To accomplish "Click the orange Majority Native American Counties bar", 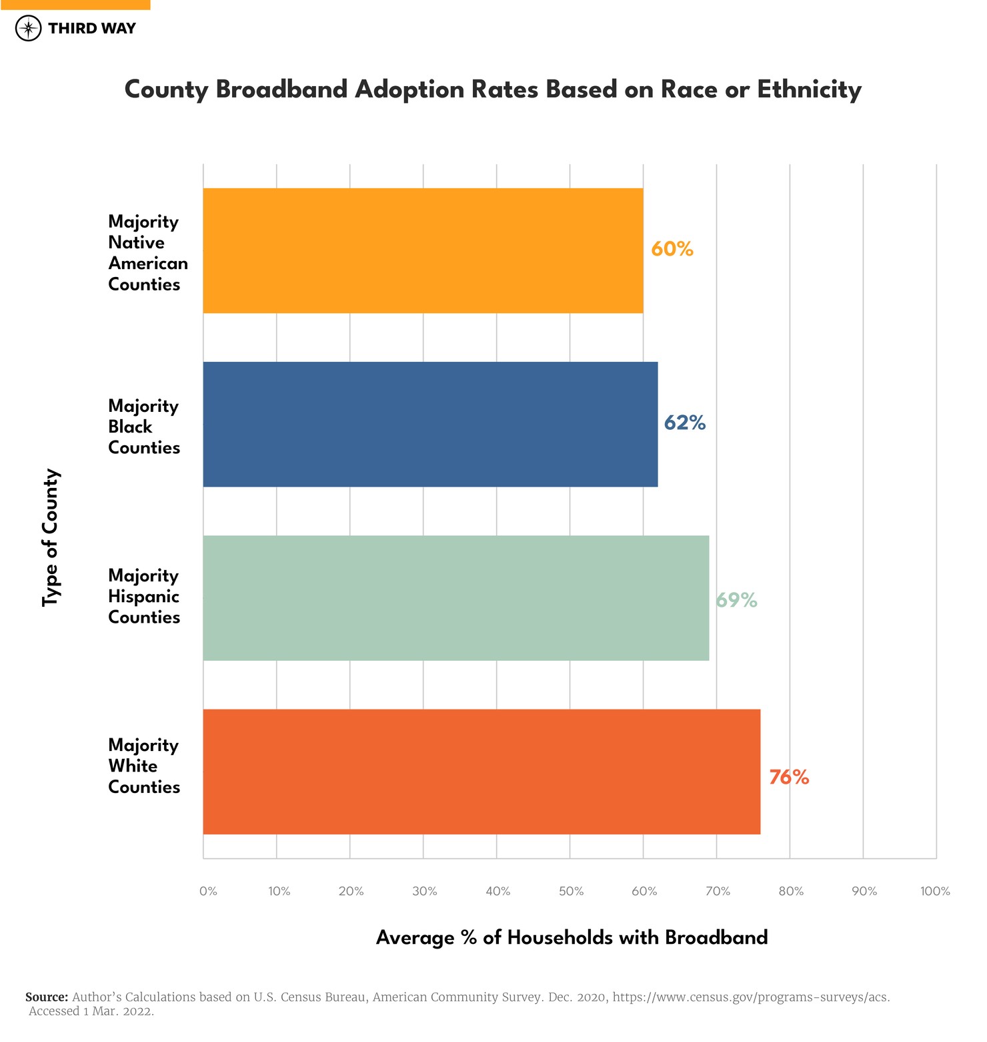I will [x=423, y=250].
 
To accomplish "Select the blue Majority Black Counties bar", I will [x=430, y=424].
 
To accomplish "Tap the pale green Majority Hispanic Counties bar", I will [x=455, y=597].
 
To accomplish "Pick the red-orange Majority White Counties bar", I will [x=481, y=771].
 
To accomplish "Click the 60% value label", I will [x=672, y=249].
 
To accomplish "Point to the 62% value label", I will [x=684, y=423].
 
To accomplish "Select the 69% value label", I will [x=736, y=600].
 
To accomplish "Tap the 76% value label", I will [x=788, y=777].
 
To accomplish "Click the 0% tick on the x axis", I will [x=208, y=891].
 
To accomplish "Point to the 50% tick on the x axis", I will [x=571, y=891].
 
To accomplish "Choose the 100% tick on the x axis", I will [x=934, y=891].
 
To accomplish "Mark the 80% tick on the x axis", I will [x=791, y=891].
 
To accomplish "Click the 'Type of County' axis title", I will [x=51, y=537].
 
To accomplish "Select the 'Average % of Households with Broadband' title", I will [x=572, y=937].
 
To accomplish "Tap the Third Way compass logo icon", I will [x=28, y=28].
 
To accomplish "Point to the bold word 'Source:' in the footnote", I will [x=47, y=997].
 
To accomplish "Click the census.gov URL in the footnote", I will [x=751, y=997].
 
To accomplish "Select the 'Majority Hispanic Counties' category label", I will [x=144, y=596].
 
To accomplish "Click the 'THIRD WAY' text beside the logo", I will [x=92, y=28].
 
